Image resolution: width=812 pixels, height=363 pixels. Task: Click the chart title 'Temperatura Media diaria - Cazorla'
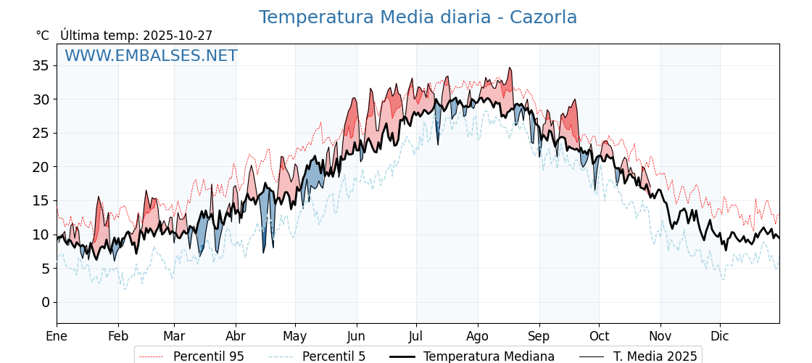[418, 17]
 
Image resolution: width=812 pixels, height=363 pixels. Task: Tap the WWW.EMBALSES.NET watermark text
[151, 56]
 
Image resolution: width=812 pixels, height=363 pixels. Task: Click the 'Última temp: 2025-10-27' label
[136, 36]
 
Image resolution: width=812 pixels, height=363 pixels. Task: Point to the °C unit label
[43, 36]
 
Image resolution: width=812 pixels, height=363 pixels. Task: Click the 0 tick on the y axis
[45, 302]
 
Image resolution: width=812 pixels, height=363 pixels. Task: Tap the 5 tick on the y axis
[45, 269]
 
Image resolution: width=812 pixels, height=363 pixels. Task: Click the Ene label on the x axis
[57, 336]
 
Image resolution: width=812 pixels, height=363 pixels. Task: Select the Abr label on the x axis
[236, 336]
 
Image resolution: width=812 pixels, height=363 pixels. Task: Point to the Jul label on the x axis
[416, 336]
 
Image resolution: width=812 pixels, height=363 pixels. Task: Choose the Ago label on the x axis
[478, 336]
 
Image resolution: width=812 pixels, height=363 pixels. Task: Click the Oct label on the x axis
[599, 336]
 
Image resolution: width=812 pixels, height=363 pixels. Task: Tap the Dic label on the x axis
[720, 336]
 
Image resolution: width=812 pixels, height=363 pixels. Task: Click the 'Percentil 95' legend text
[208, 356]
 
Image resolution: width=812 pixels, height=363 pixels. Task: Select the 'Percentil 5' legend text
[333, 356]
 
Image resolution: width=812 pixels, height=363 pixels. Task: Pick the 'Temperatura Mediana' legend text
[489, 356]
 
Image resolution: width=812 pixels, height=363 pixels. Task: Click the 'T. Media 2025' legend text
[655, 356]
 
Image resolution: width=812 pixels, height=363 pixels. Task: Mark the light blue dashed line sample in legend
[281, 356]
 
